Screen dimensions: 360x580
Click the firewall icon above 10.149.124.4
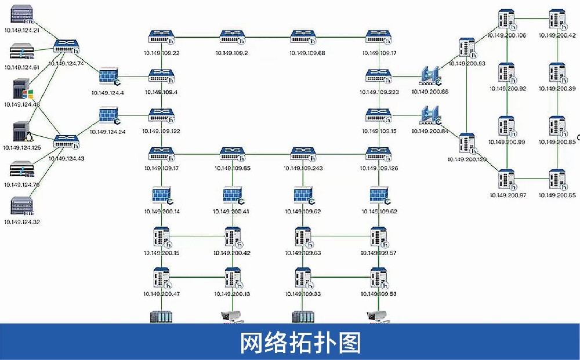(x=108, y=77)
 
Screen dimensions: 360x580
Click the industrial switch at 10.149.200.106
(x=507, y=20)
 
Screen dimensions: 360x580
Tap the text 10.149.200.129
(x=466, y=158)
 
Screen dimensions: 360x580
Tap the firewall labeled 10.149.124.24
(x=108, y=116)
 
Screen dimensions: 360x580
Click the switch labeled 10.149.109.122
(x=162, y=115)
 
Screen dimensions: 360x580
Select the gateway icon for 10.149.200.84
(x=430, y=115)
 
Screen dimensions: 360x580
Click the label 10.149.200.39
(x=557, y=89)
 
